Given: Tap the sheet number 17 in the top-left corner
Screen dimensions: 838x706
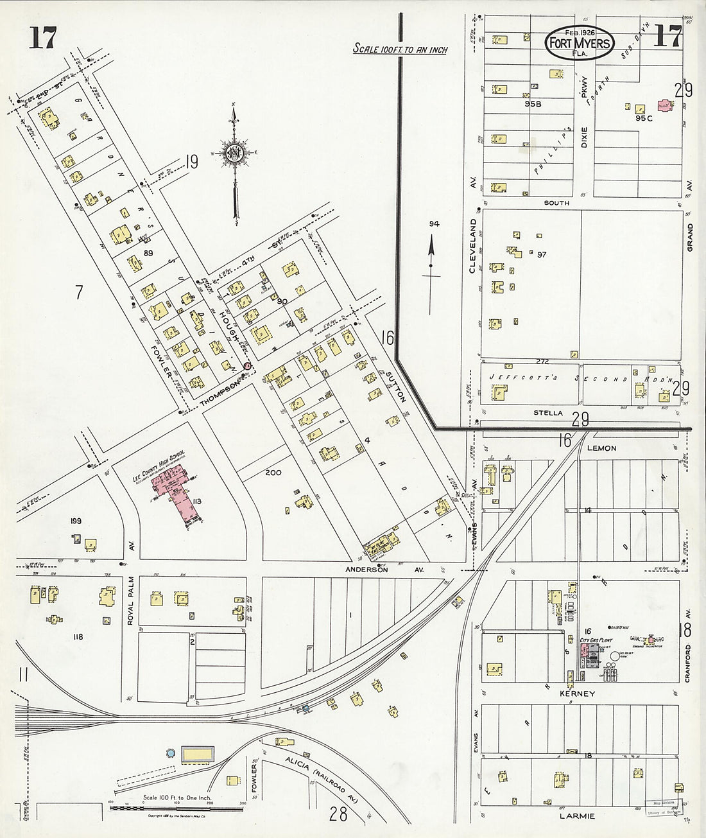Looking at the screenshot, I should coord(42,39).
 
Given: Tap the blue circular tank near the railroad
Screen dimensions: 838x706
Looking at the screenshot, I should coord(170,752).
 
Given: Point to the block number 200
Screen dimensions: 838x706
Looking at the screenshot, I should coord(273,472).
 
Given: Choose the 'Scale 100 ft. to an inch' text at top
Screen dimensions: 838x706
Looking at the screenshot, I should coord(400,49).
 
